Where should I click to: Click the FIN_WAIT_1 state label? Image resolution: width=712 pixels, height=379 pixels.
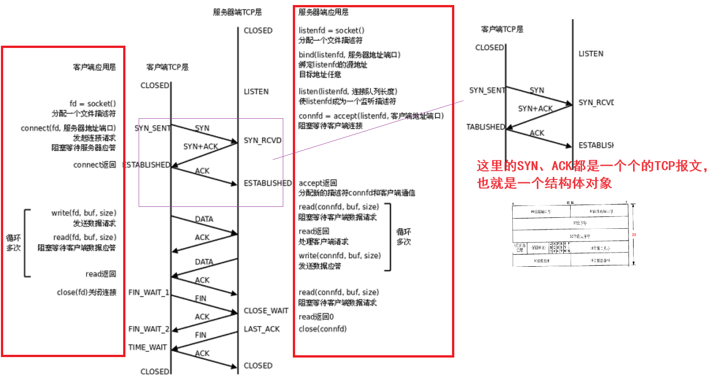149,292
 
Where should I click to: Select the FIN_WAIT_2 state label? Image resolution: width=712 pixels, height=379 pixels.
149,329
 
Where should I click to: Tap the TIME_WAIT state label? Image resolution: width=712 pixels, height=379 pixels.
147,347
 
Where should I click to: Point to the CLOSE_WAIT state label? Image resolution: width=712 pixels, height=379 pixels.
266,311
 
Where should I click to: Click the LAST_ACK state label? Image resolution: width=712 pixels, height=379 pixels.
261,329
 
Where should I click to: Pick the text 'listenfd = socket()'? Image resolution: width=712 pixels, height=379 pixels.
331,31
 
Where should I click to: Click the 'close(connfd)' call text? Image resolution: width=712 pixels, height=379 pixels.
322,329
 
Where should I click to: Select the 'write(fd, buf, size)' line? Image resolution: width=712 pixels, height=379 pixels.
83,213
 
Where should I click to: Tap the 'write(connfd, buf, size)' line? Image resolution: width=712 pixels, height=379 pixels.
339,255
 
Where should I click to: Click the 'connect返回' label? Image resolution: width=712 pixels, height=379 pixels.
94,164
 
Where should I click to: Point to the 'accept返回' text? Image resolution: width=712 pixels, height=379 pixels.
317,183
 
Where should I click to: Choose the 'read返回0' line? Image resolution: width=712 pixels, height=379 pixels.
316,316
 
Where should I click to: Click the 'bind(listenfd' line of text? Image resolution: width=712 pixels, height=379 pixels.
349,55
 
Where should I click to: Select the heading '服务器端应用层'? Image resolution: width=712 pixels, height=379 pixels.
323,12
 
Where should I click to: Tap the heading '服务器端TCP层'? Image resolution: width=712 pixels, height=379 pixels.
237,12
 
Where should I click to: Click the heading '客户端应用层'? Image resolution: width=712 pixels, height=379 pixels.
94,67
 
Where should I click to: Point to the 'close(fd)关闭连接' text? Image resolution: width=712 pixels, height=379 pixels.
86,292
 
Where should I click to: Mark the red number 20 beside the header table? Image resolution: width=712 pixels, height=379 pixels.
634,235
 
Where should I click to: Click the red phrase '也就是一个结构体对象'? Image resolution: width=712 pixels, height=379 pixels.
544,183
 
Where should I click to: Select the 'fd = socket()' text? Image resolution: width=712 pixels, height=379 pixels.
93,104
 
